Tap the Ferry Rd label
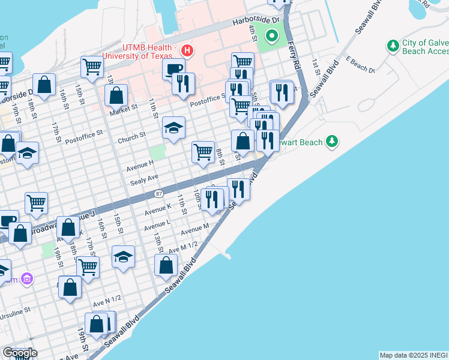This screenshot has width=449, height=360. point(295,55)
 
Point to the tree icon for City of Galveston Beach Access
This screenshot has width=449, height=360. point(393,46)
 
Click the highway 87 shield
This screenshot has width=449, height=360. point(158,193)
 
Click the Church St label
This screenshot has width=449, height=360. point(132,137)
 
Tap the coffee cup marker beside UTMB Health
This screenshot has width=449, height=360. point(173,68)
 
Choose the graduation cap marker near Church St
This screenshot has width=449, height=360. point(173,127)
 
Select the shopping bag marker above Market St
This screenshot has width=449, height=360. point(116,94)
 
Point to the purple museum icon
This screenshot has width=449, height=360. point(26,279)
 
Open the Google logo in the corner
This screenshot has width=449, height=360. point(20,353)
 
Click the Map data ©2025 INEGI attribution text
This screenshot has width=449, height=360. point(414,355)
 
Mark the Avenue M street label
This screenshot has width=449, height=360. point(194,229)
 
